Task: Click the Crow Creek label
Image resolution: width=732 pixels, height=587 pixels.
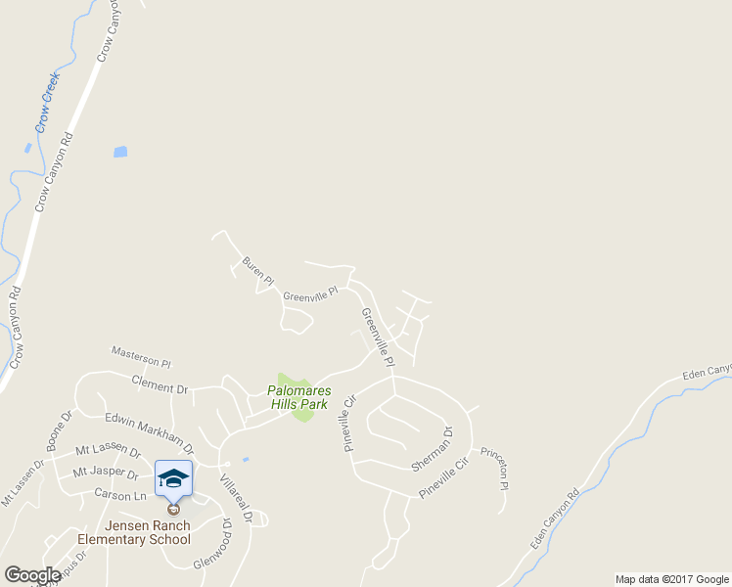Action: click(47, 102)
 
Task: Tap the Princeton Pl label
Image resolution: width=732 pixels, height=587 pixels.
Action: click(492, 469)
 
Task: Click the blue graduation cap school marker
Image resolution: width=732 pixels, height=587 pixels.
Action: click(173, 478)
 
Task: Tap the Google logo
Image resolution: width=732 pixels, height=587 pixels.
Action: click(32, 575)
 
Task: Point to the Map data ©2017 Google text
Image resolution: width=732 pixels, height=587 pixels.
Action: click(672, 579)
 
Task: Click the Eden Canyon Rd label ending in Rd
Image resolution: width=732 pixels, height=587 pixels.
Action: click(554, 519)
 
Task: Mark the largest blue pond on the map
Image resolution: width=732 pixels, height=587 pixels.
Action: click(120, 152)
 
